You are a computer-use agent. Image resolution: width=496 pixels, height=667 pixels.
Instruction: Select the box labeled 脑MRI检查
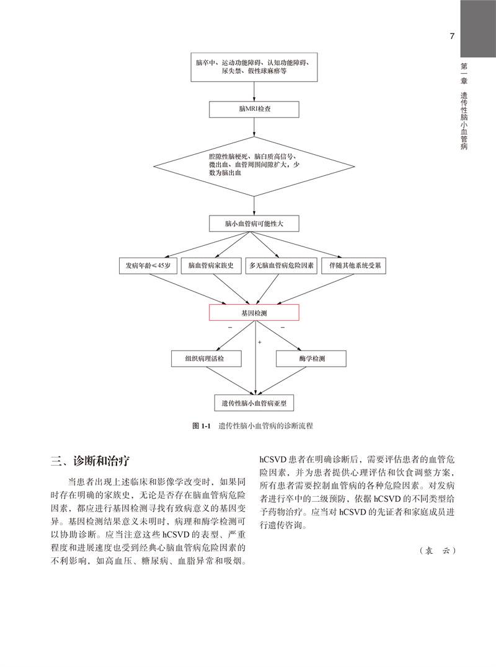254,109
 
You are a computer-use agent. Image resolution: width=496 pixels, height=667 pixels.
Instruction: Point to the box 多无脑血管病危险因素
281,265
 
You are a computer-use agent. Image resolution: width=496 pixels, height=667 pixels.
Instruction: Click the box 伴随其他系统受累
355,265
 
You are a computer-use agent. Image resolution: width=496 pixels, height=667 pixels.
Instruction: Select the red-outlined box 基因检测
254,313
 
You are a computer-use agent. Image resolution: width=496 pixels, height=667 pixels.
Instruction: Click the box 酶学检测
310,359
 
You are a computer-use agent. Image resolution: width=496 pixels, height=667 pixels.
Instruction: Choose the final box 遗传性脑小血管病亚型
254,403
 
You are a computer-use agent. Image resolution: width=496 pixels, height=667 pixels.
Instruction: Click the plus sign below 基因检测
259,341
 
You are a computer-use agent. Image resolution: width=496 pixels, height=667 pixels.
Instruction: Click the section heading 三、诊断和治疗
91,460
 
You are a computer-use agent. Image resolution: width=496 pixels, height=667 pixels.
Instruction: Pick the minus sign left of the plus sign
230,326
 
